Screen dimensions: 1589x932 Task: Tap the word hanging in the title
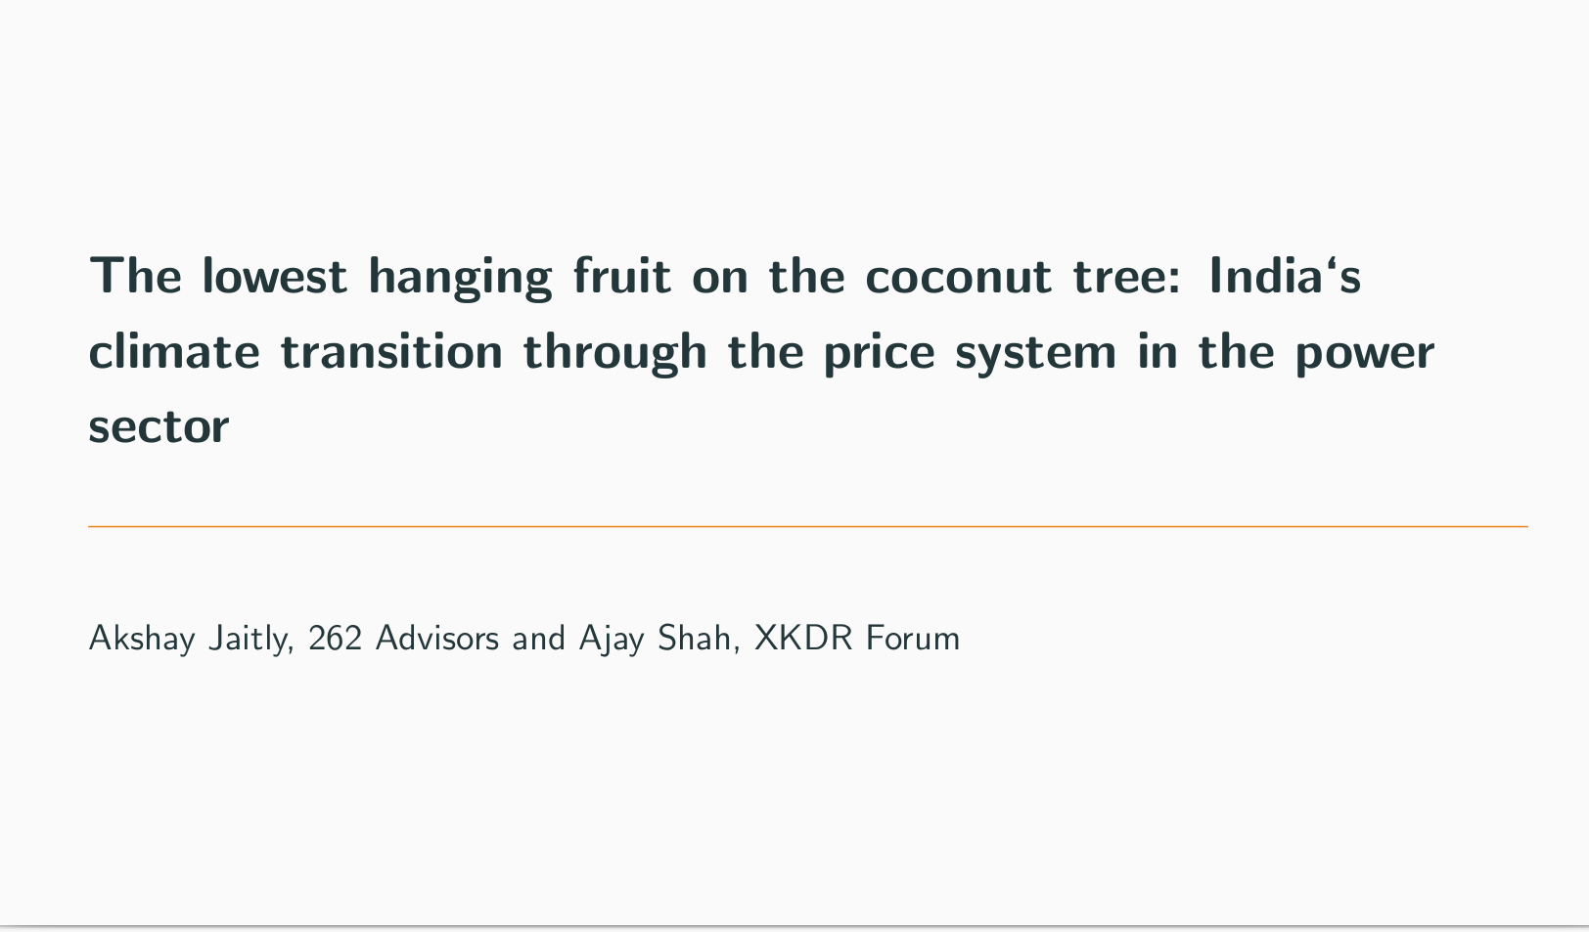pyautogui.click(x=461, y=278)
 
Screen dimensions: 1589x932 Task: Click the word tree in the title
pyautogui.click(x=1127, y=277)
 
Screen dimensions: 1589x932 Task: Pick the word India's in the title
pyautogui.click(x=1285, y=275)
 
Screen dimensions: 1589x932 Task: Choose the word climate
pyautogui.click(x=174, y=350)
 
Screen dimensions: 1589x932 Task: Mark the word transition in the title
pyautogui.click(x=391, y=350)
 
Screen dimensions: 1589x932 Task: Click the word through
pyautogui.click(x=615, y=353)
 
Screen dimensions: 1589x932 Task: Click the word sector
pyautogui.click(x=159, y=427)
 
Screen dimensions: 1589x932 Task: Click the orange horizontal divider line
pyautogui.click(x=808, y=526)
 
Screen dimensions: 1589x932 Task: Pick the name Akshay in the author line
pyautogui.click(x=142, y=639)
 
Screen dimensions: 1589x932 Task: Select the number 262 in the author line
pyautogui.click(x=335, y=638)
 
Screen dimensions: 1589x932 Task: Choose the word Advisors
pyautogui.click(x=437, y=638)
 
